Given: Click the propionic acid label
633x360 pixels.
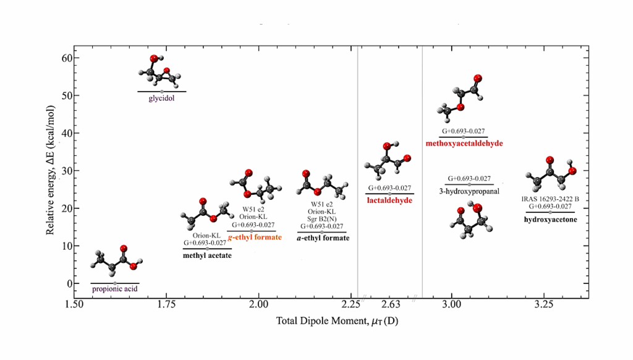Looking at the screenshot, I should [x=115, y=289].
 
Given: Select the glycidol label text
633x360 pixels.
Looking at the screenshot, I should [x=161, y=97].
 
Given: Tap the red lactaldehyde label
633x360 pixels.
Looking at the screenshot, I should [x=389, y=200].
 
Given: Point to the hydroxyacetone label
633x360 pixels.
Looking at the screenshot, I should [x=550, y=219].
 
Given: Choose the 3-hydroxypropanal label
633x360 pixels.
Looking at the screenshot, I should [x=469, y=191].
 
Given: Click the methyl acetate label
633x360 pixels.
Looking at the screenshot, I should [x=207, y=255].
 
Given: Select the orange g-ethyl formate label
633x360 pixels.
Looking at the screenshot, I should [x=255, y=238].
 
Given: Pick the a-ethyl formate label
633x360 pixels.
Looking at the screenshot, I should [x=323, y=238].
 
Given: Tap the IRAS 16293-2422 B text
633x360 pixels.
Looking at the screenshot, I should [x=550, y=199].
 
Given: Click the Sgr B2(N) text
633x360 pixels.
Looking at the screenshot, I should [x=321, y=219].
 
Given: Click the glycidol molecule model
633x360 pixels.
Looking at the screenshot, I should [x=160, y=72].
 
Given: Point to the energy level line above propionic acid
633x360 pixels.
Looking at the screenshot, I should [x=115, y=283].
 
